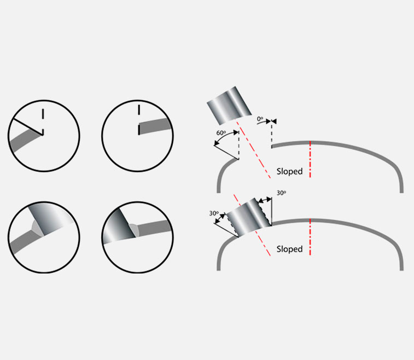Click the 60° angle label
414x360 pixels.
pos(221,132)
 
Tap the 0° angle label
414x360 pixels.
pos(260,119)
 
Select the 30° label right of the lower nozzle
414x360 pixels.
pos(282,193)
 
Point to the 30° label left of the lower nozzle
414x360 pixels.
pos(214,213)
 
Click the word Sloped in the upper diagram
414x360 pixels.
pos(289,171)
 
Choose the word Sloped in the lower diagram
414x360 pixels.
pos(289,249)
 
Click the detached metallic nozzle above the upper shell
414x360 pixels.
pos(229,105)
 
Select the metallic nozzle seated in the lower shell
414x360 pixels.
pos(249,217)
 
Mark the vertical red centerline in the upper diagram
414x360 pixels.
pos(310,159)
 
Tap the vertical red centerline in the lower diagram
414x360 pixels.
pos(310,237)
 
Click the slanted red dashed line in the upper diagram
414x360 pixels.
pos(253,149)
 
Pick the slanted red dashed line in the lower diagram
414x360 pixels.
pos(252,225)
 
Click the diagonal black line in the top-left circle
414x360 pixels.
pos(28,127)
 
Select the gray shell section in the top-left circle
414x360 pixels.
pos(25,141)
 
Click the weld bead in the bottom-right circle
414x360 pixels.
pos(134,230)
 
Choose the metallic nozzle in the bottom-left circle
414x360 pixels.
pos(50,219)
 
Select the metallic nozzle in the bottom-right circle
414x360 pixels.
pos(119,227)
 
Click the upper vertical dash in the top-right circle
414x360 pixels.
pos(139,110)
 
